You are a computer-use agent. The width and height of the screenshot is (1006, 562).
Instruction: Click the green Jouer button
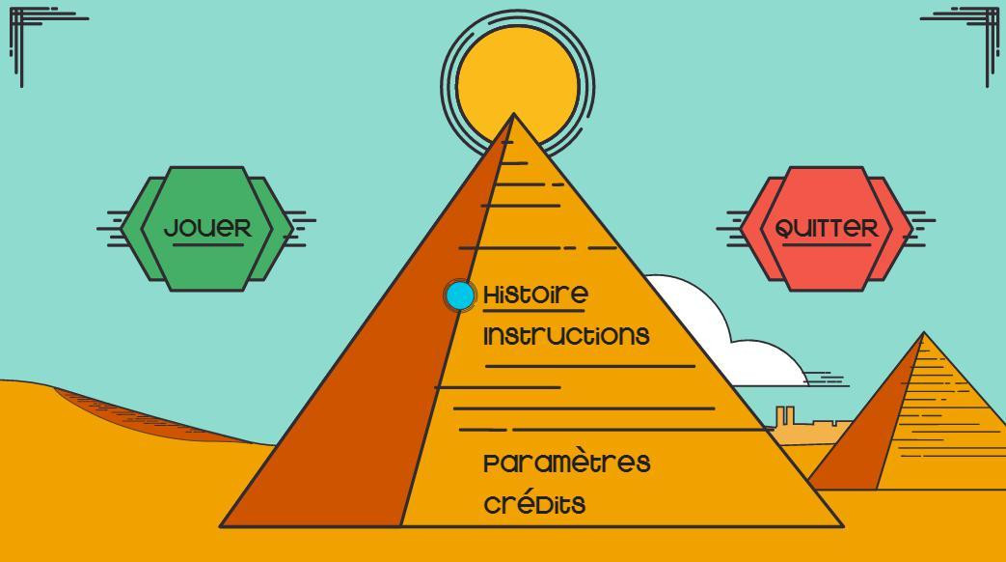(x=206, y=229)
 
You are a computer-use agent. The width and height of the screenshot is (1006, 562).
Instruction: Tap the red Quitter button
(x=827, y=229)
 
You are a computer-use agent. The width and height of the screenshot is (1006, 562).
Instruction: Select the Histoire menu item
(x=535, y=295)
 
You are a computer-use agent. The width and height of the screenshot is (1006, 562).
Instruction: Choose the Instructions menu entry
(x=566, y=335)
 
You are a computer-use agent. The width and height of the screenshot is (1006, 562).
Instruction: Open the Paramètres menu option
(x=566, y=462)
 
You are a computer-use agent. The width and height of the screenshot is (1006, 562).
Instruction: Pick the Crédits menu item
(x=534, y=502)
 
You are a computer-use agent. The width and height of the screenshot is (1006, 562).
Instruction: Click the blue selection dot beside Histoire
(x=460, y=295)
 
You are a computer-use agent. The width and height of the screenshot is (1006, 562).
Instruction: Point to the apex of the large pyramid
(x=514, y=114)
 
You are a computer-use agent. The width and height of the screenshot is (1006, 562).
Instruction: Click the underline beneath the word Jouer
(x=208, y=244)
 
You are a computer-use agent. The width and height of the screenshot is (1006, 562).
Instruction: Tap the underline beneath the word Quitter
(x=827, y=244)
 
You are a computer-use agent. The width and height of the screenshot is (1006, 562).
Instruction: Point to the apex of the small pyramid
(x=924, y=332)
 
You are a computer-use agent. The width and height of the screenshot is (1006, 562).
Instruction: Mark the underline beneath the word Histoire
(x=533, y=311)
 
